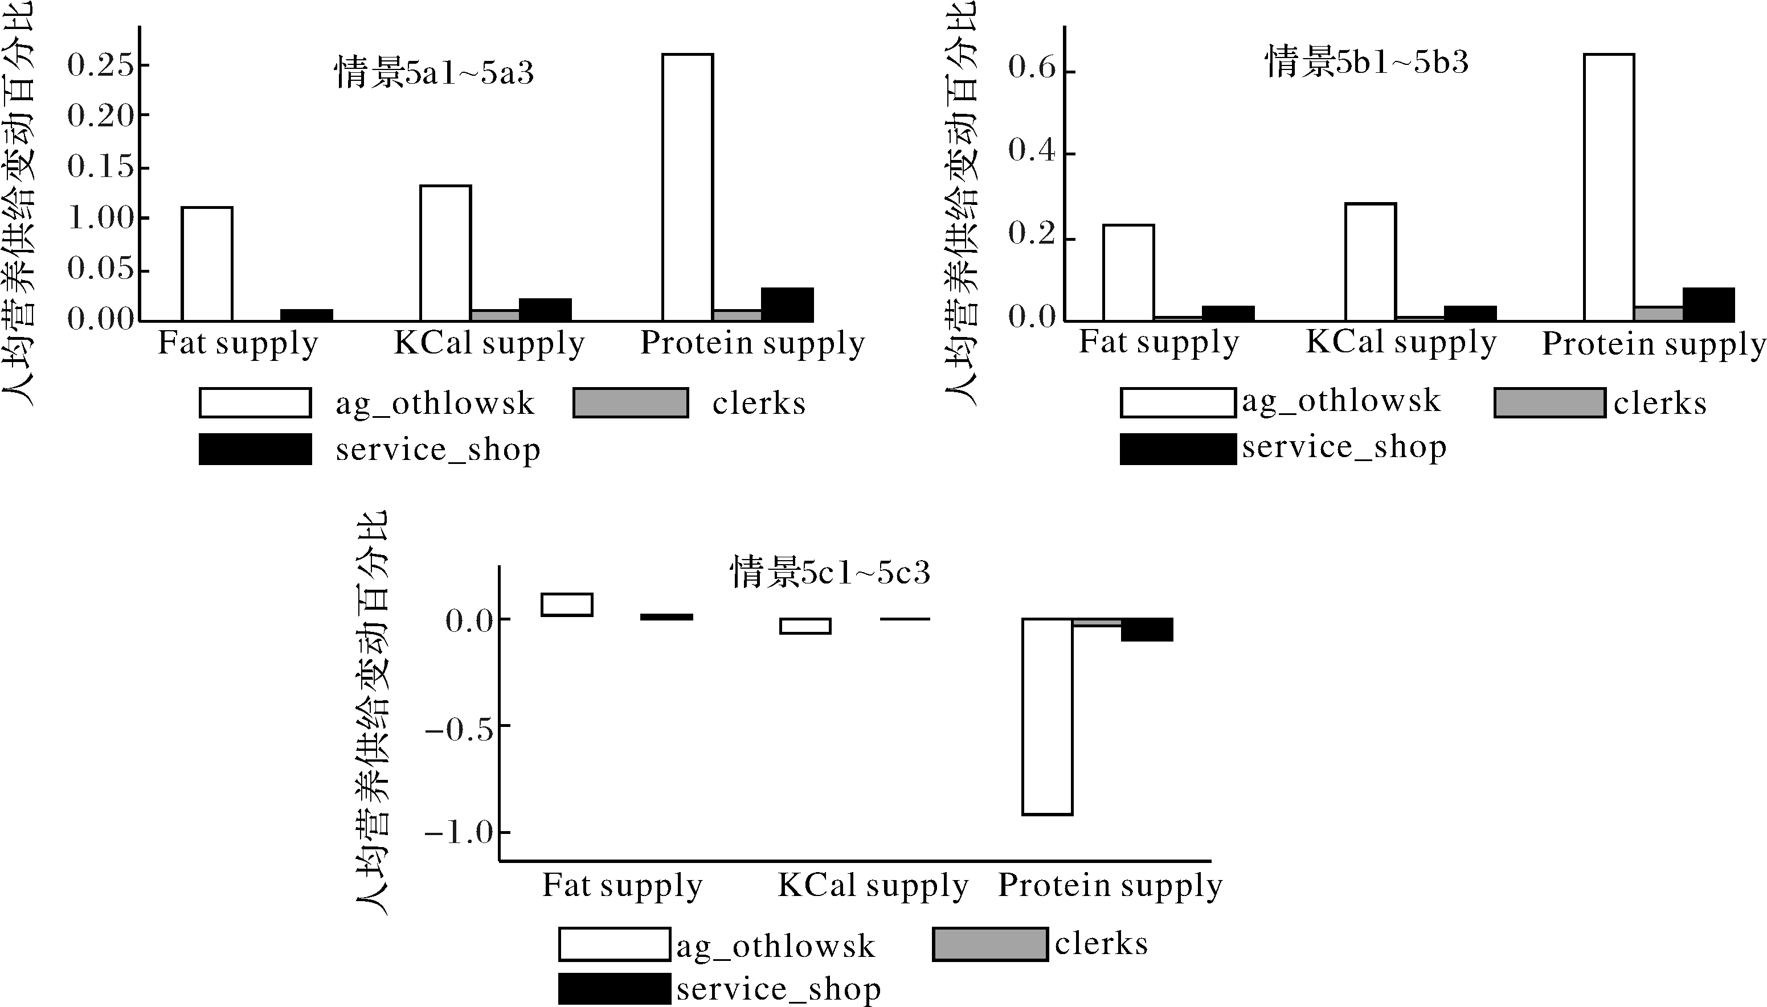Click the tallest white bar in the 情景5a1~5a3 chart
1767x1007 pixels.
[687, 187]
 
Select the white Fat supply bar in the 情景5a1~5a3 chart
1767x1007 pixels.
[206, 264]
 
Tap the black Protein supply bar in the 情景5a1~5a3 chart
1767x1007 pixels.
[787, 305]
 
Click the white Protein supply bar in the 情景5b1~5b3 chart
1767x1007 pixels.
[1609, 187]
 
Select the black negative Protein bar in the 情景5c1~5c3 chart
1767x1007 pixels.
[1147, 630]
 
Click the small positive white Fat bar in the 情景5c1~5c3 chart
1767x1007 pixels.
[567, 605]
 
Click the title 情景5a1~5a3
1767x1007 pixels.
[435, 73]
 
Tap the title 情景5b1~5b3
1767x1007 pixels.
[1367, 62]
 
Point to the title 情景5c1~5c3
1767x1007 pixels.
[830, 572]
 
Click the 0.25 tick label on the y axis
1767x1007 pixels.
[100, 65]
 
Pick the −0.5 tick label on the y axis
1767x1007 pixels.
[459, 729]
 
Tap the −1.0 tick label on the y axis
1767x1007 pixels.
[459, 833]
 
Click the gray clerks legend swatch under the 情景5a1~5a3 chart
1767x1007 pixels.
[630, 403]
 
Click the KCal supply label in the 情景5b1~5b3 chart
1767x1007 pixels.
[1400, 342]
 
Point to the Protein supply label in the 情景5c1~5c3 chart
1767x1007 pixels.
[1110, 885]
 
